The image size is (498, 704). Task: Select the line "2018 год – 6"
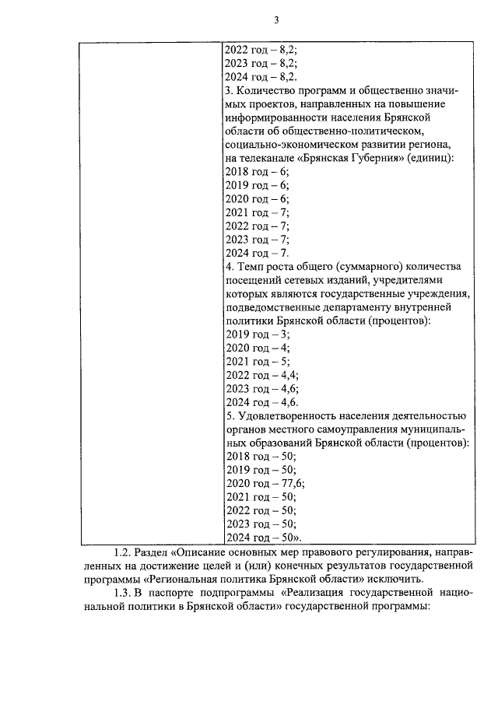256,170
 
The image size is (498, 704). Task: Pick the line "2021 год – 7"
256,212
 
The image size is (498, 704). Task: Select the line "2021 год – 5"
256,361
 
